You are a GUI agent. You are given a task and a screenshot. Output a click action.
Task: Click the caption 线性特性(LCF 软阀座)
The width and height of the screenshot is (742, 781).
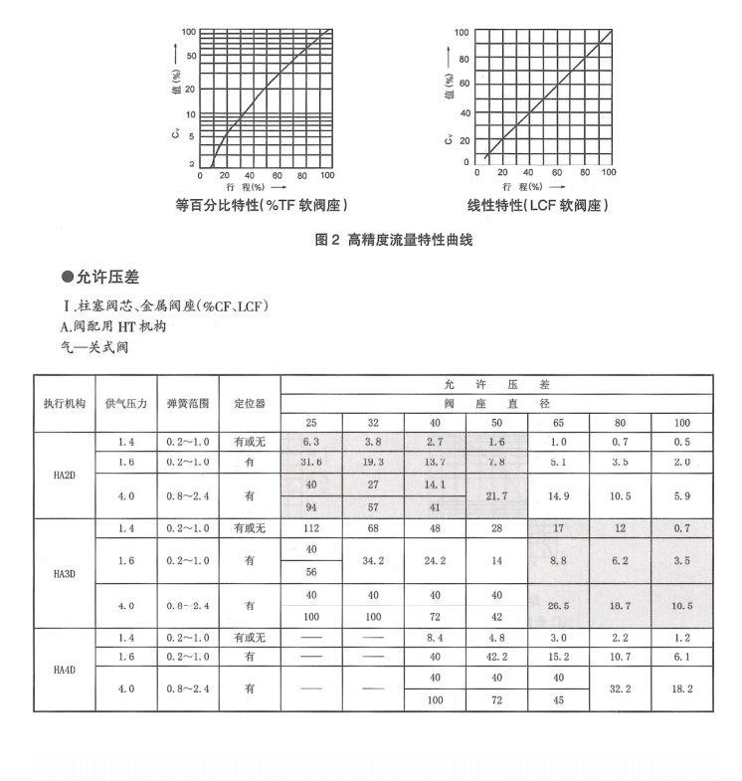(537, 206)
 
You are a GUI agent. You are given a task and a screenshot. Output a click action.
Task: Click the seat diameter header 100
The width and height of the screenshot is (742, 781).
(681, 422)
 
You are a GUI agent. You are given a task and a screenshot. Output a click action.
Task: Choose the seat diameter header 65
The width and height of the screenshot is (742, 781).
(558, 422)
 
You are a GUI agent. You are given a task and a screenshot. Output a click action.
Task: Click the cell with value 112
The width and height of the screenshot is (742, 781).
(311, 528)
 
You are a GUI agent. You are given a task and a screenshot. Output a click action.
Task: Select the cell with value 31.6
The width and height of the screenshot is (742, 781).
(311, 461)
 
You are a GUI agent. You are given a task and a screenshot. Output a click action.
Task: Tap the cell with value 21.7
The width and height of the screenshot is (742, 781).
(496, 494)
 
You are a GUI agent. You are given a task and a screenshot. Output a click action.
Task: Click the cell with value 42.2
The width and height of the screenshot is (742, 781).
(496, 658)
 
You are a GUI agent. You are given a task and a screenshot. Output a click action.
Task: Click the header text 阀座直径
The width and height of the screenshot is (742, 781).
(496, 403)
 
